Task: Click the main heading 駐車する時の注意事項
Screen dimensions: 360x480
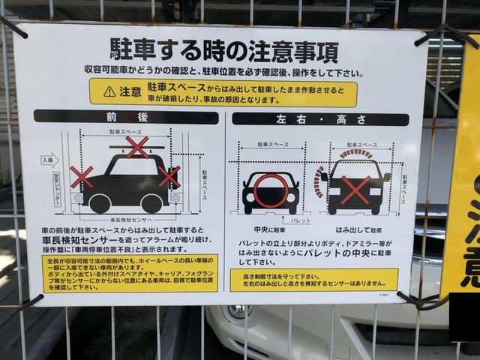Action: point(223,51)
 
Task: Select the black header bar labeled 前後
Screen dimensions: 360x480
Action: point(125,118)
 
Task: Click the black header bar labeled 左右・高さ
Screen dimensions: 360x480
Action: point(321,119)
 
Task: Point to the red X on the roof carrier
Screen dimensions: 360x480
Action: point(136,147)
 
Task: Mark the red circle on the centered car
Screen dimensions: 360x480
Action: point(270,190)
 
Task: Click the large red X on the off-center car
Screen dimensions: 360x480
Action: point(355,190)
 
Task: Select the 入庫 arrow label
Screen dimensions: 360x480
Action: point(49,160)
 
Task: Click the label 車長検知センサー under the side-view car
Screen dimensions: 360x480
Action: point(123,220)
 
